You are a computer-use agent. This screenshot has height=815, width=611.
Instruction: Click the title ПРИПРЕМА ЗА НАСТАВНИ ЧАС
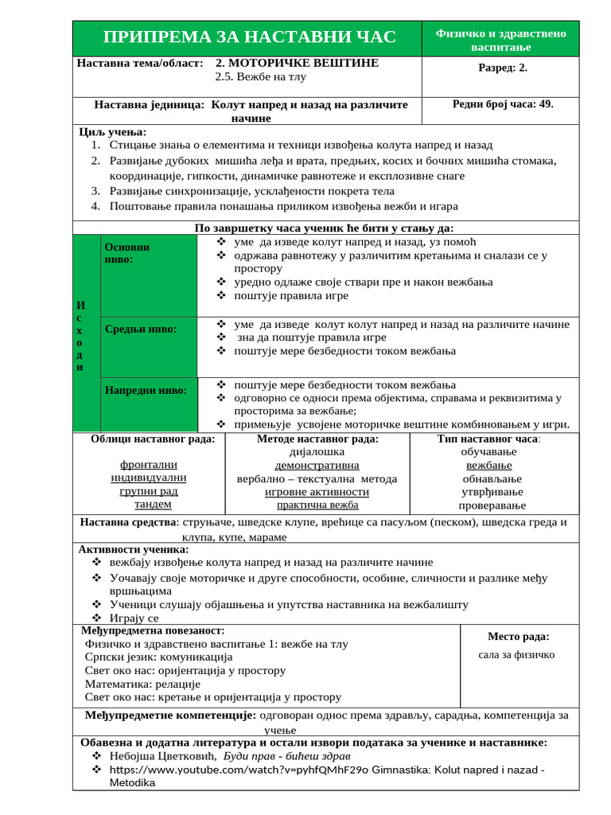(x=250, y=37)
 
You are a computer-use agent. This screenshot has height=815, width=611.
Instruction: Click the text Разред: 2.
(x=502, y=68)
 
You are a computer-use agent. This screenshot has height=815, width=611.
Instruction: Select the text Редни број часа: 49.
(x=503, y=103)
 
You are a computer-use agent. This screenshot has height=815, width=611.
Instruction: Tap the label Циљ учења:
(x=114, y=131)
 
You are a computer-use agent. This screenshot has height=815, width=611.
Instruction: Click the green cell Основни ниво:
(x=149, y=275)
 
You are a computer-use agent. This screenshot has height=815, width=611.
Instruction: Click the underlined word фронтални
(x=149, y=464)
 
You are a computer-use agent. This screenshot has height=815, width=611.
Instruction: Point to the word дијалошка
(x=317, y=451)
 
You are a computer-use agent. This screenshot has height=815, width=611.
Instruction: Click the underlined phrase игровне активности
(x=317, y=492)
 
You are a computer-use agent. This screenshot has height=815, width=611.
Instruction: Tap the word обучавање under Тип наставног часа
(x=488, y=451)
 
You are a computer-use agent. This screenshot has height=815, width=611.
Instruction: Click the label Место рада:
(x=518, y=636)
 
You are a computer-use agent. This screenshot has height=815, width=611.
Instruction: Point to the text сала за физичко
(x=516, y=655)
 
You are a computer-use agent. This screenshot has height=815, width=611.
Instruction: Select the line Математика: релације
(x=142, y=684)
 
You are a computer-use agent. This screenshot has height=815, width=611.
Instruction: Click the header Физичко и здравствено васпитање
(x=500, y=40)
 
